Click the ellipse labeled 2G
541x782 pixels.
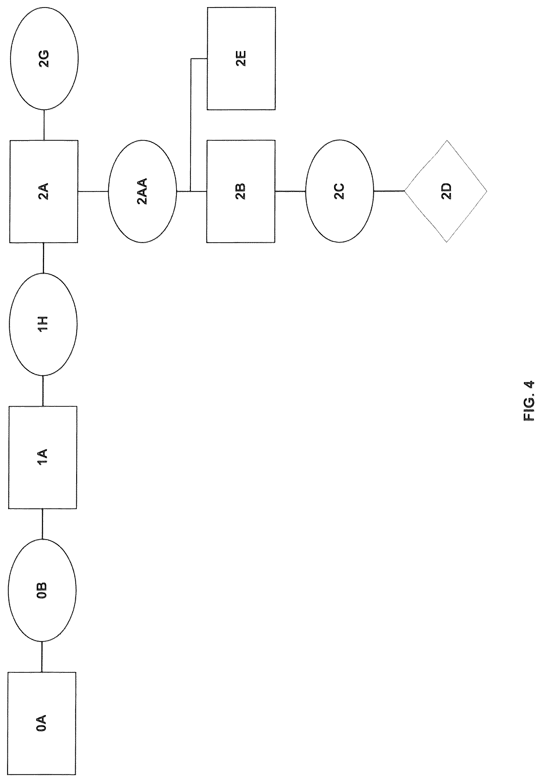tap(44, 58)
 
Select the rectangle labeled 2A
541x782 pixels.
tap(44, 192)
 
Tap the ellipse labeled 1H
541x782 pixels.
tap(43, 325)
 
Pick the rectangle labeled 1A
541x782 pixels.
tap(42, 457)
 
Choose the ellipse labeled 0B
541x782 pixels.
tap(42, 590)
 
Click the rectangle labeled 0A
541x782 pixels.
tap(41, 723)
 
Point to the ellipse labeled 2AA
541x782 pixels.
tap(142, 191)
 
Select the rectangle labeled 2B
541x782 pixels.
tap(241, 191)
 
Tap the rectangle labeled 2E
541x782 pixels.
tap(241, 58)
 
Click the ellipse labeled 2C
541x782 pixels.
tap(340, 191)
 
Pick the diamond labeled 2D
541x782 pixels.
tap(446, 191)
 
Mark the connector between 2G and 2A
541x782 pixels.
tap(44, 125)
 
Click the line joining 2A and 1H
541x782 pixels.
tap(43, 258)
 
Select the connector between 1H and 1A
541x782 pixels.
tap(43, 391)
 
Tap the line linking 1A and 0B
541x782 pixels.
tap(42, 524)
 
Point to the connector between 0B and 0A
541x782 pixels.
tap(42, 657)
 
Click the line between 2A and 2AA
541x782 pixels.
tap(93, 192)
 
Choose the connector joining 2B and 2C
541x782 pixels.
tap(291, 191)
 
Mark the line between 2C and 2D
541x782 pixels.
tap(389, 191)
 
